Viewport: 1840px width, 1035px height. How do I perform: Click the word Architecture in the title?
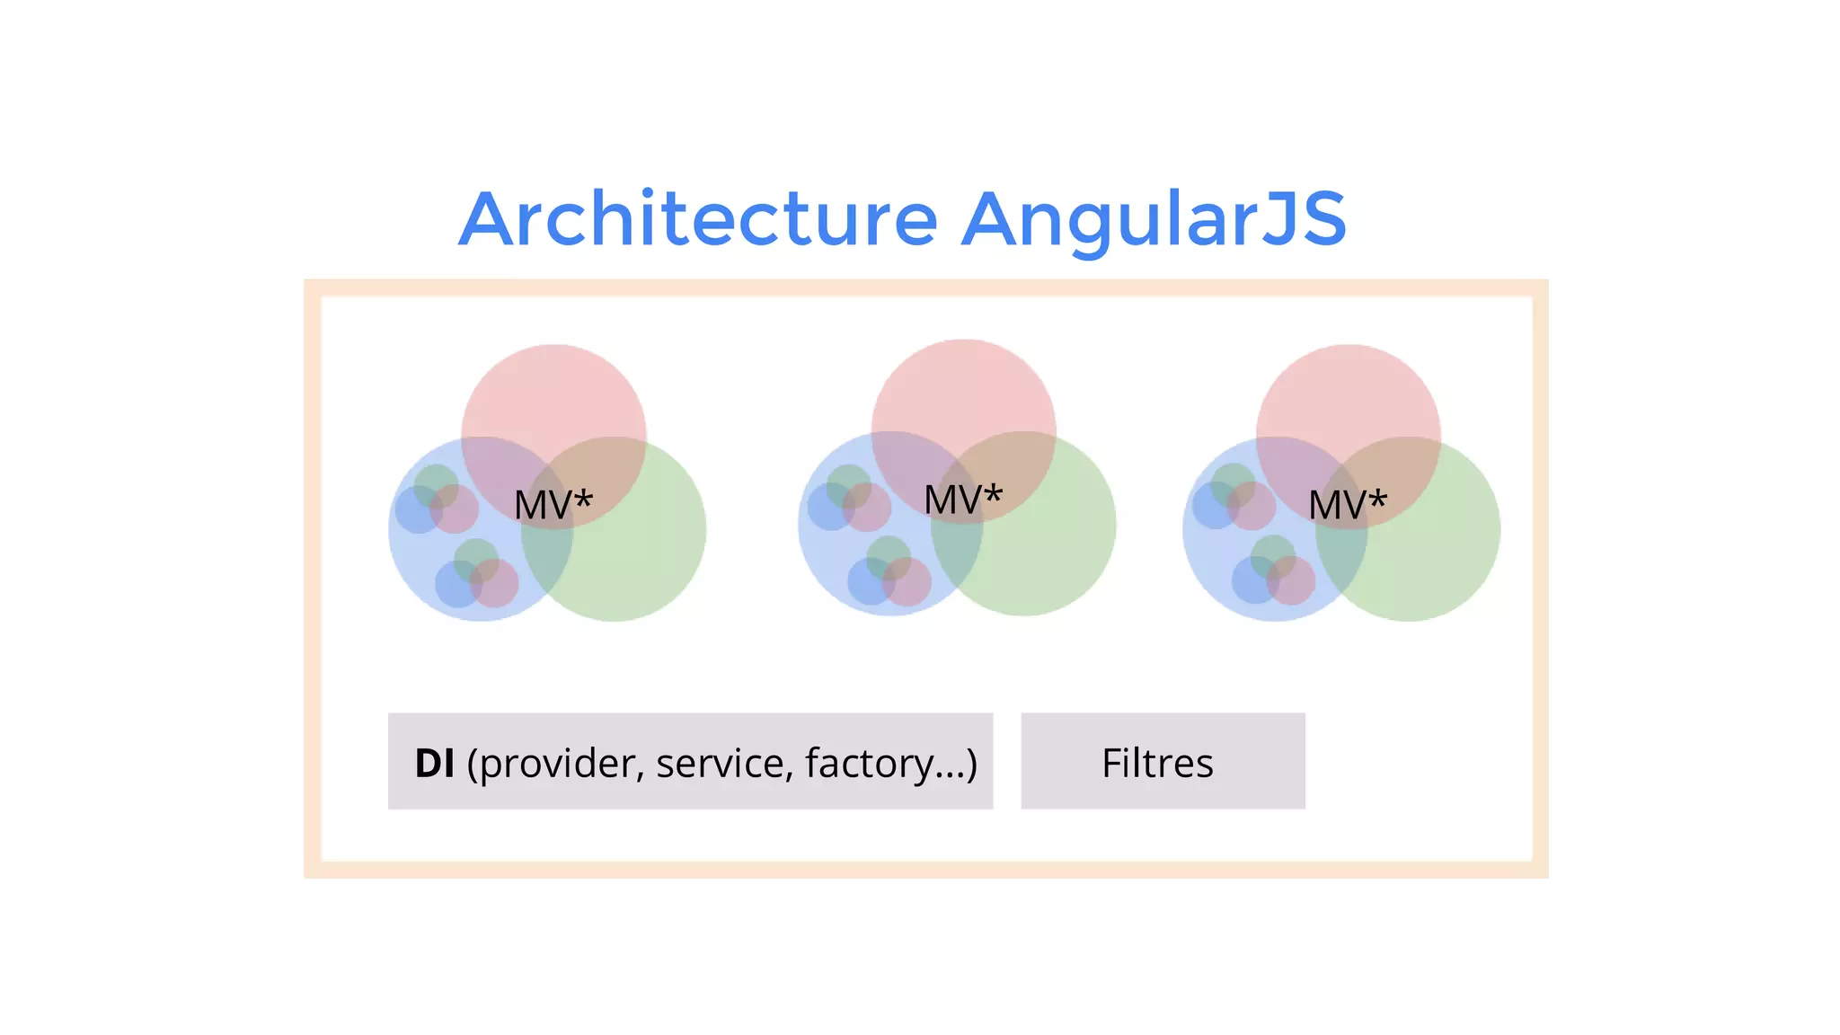(698, 219)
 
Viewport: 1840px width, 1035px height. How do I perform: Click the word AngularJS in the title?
(1154, 219)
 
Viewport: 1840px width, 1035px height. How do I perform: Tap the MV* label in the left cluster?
(553, 504)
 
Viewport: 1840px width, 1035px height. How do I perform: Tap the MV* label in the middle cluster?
(962, 500)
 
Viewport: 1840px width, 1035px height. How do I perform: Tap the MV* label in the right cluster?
(1347, 504)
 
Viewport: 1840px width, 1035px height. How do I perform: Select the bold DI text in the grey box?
(434, 763)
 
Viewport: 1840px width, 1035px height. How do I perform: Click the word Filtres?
(1157, 763)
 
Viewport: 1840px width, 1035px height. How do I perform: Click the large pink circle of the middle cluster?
(963, 383)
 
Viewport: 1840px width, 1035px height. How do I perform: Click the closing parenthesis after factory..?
(971, 763)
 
